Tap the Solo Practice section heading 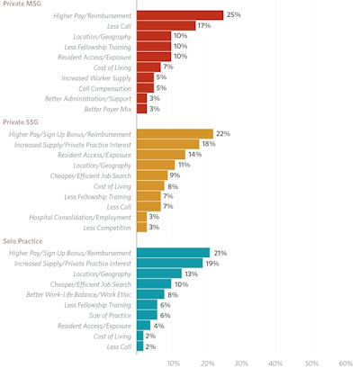[x=24, y=241]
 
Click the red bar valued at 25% [x=180, y=15]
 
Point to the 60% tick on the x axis [x=346, y=363]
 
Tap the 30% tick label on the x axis [x=241, y=363]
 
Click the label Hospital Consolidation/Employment [x=79, y=217]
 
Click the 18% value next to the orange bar [x=208, y=144]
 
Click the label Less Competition [x=105, y=228]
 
